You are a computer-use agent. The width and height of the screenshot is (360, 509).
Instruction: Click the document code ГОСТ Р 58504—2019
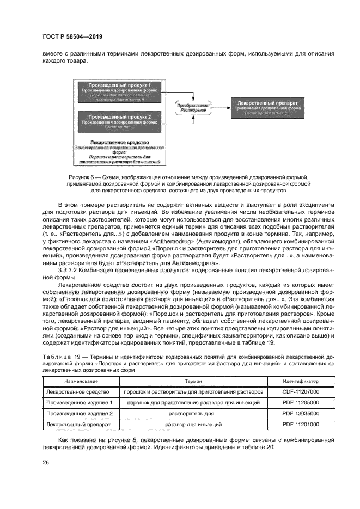pyautogui.click(x=72, y=37)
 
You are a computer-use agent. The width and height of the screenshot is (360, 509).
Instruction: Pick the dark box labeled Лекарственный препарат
pyautogui.click(x=267, y=107)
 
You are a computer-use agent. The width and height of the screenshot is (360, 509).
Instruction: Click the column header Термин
pyautogui.click(x=193, y=382)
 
